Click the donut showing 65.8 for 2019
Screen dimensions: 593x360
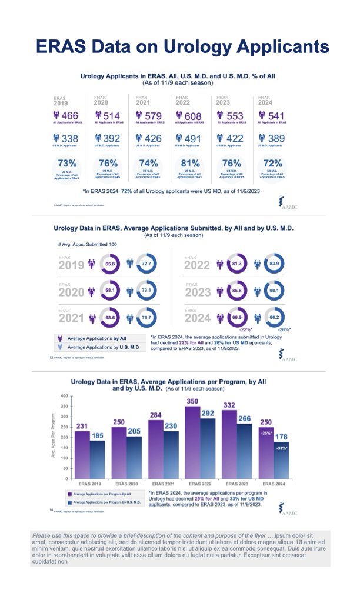tap(110, 265)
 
